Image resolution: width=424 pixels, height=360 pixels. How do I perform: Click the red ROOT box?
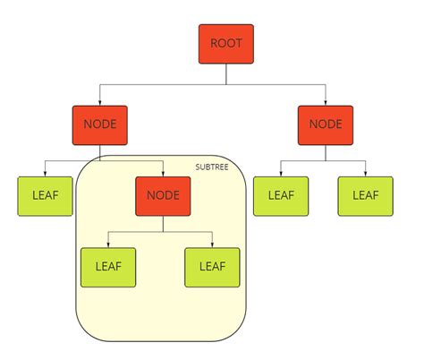226,44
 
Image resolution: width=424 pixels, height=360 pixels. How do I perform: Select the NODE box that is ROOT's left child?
99,124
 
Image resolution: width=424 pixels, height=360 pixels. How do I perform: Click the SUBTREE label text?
212,167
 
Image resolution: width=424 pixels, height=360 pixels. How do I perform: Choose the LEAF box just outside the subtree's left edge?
46,196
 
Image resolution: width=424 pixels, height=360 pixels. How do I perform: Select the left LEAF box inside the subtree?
108,267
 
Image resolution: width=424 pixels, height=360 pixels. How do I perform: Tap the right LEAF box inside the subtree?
212,267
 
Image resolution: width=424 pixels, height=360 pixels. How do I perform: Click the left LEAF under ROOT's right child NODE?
281,196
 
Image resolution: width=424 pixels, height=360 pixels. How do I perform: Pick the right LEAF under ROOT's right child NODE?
365,196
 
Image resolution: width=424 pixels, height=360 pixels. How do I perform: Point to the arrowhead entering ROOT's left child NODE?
99,102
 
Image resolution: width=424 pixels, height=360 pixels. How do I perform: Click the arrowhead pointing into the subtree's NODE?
162,174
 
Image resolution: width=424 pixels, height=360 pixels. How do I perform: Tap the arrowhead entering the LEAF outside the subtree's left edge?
46,174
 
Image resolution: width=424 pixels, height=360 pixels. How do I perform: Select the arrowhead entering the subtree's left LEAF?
108,244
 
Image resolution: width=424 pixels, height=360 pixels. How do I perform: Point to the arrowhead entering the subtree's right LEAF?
212,244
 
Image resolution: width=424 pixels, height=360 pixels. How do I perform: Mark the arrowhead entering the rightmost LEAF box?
365,174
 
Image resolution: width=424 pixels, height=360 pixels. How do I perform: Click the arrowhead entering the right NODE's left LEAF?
281,174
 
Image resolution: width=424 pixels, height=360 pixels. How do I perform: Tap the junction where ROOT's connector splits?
226,84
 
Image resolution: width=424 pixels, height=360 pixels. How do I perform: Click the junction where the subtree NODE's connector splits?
162,231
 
